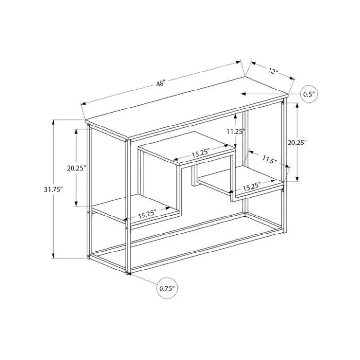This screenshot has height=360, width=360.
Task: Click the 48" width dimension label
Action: (x=161, y=83)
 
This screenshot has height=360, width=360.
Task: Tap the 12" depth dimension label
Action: (x=273, y=71)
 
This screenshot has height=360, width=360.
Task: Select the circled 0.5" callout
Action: (x=309, y=94)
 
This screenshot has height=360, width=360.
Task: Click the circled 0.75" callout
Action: (x=167, y=288)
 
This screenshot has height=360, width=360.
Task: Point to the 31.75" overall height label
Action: (x=53, y=190)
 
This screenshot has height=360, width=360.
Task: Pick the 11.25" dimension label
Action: (x=236, y=131)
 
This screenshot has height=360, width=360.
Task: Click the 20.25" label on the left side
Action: (x=76, y=168)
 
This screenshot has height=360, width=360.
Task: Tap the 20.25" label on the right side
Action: (x=297, y=143)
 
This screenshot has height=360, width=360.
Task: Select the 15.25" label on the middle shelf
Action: (x=200, y=153)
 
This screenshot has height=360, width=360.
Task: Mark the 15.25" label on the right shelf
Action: (x=252, y=187)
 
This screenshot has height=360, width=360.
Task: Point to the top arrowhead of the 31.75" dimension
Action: (x=53, y=122)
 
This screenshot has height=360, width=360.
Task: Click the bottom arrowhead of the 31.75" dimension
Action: (x=53, y=256)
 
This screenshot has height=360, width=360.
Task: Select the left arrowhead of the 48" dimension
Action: (x=83, y=103)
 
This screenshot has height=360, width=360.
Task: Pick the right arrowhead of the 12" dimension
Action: (x=292, y=78)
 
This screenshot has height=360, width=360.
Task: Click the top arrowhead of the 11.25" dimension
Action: (x=235, y=116)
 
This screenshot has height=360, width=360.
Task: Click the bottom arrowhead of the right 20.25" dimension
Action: (x=297, y=179)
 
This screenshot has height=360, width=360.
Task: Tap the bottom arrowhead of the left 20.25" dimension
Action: (x=76, y=204)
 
